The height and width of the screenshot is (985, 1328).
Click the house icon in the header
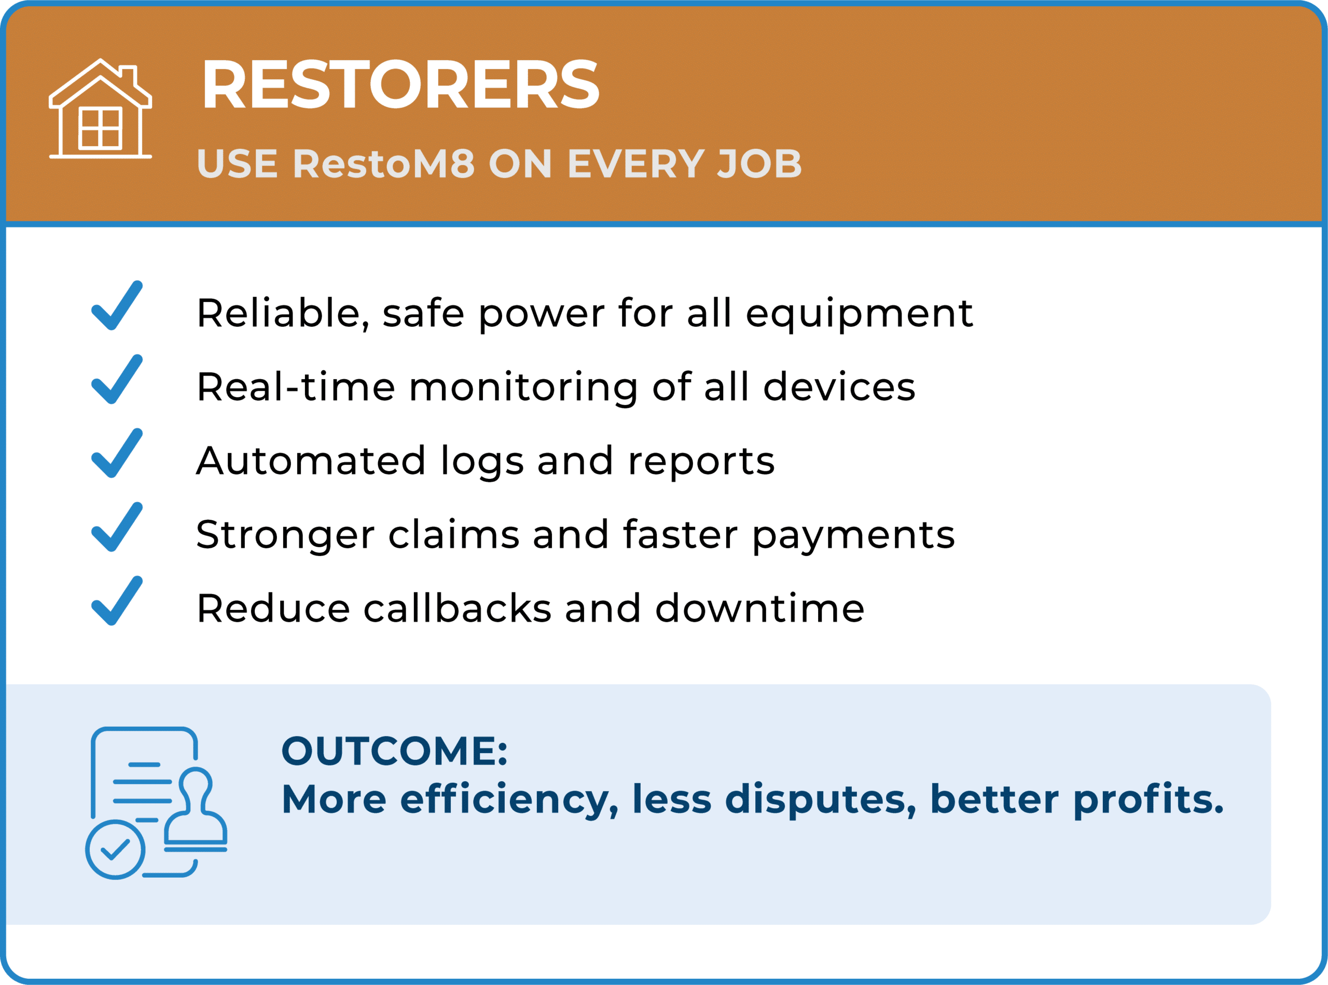100,108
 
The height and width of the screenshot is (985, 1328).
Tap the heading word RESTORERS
400,85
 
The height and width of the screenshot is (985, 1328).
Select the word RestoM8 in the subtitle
384,163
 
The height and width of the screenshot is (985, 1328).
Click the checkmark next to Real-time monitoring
117,379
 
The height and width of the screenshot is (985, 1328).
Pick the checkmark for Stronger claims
117,527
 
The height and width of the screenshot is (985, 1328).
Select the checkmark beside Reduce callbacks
117,601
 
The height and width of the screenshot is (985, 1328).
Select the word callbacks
458,609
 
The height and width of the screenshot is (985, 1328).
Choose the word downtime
759,609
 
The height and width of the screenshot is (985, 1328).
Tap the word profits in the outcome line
1148,800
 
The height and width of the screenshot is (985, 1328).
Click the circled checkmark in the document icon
115,850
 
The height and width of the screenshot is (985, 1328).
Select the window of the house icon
100,128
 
